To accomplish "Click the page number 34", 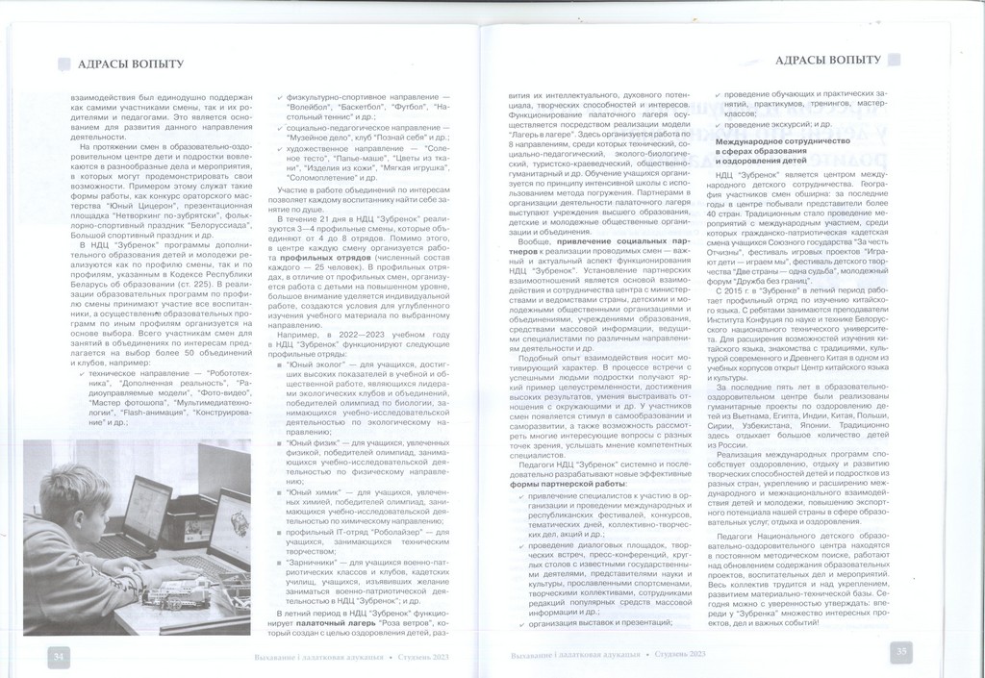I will (59, 656).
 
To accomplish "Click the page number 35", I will (901, 652).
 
